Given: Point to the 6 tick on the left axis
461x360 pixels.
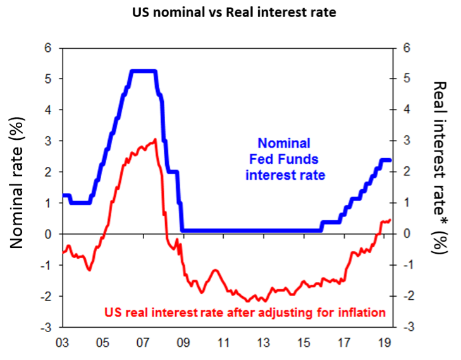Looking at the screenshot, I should pyautogui.click(x=48, y=48).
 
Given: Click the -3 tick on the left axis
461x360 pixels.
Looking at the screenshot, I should pyautogui.click(x=46, y=327).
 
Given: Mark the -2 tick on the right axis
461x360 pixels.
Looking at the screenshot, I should pyautogui.click(x=409, y=296).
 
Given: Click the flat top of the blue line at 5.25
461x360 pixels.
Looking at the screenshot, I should pyautogui.click(x=143, y=71).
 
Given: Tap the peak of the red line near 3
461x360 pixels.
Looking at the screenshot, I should pyautogui.click(x=156, y=140).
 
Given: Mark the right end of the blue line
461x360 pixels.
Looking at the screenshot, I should pyautogui.click(x=390, y=160).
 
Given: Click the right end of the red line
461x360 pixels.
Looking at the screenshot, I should pyautogui.click(x=390, y=220).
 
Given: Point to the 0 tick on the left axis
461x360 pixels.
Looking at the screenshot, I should pyautogui.click(x=48, y=234).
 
